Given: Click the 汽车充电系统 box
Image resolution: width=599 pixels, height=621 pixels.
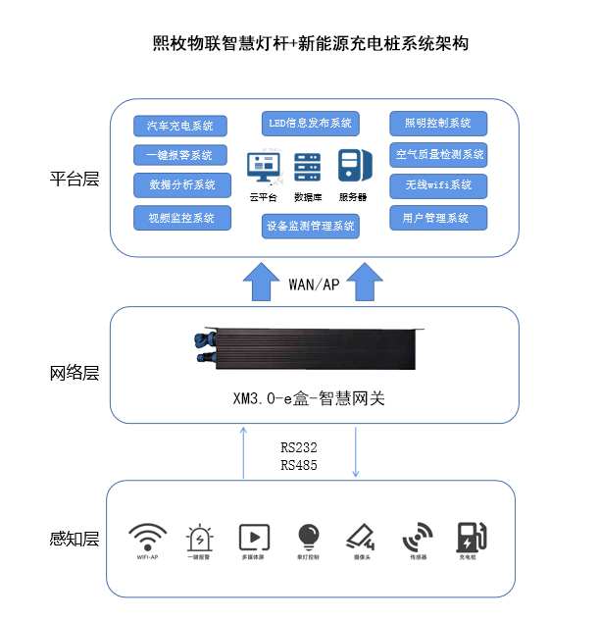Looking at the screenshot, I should tap(180, 126).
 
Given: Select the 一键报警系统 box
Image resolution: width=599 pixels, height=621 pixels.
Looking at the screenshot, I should tap(180, 155).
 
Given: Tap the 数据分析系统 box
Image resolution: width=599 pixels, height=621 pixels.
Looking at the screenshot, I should tap(180, 184).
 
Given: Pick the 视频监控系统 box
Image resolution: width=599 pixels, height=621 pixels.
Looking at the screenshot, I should tap(180, 217).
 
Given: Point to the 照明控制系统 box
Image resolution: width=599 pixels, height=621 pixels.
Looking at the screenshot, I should tap(437, 124).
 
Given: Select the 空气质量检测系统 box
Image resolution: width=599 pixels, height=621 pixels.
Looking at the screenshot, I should tap(437, 154).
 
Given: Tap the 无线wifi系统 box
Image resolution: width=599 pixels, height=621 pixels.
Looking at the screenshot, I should tap(437, 184).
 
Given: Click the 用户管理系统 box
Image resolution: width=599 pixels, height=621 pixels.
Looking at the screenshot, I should tap(437, 217).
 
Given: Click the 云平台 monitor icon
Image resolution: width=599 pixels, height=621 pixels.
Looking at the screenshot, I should tap(265, 168).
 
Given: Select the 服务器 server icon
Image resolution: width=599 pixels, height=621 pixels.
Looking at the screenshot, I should tap(352, 166).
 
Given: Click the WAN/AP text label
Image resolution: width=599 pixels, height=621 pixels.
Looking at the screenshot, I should tap(314, 284).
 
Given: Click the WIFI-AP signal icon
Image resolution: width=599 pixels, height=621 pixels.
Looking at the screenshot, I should tap(147, 538).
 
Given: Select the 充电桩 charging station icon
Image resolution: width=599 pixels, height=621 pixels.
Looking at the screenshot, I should tap(472, 538).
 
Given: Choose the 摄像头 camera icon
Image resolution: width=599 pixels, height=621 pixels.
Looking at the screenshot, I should tap(360, 537).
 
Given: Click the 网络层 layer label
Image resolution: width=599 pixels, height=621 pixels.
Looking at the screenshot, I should tap(75, 373).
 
